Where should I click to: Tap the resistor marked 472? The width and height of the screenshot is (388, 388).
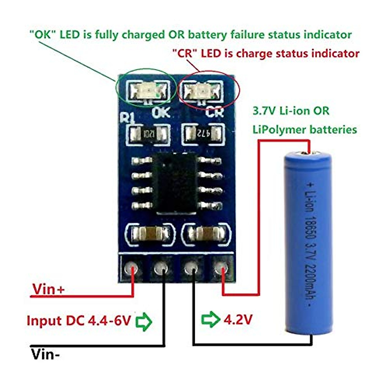tap(203, 133)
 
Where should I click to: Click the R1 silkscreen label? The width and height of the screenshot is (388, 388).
tap(127, 117)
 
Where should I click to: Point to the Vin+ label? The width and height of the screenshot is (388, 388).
tap(48, 289)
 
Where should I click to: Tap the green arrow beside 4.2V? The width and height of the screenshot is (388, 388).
tap(210, 319)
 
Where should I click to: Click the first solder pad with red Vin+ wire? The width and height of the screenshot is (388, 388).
tap(132, 268)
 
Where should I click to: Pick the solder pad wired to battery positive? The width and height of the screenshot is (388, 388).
tap(221, 268)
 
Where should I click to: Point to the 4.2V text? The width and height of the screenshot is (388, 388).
tap(238, 319)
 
